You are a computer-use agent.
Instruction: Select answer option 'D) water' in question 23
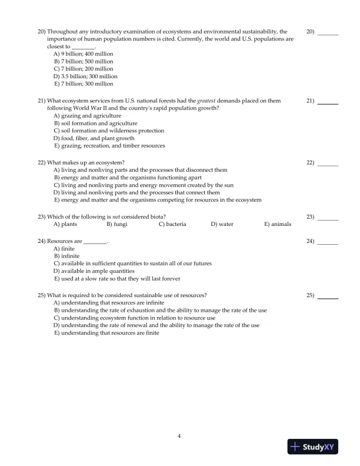coord(222,224)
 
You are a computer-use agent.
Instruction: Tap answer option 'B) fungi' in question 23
coord(117,224)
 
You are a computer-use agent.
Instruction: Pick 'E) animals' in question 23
coord(278,224)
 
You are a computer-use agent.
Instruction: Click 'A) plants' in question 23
coord(65,224)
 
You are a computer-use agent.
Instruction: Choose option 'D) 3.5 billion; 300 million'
coord(85,76)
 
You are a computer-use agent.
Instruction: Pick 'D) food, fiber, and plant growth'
coord(94,138)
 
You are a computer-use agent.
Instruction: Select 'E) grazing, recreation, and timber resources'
coord(109,146)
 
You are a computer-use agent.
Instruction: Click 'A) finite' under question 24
coord(64,249)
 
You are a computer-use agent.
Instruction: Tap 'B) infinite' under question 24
coord(66,257)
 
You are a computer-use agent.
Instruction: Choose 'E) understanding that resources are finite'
coord(106,332)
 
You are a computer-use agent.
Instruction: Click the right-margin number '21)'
coord(311,101)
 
